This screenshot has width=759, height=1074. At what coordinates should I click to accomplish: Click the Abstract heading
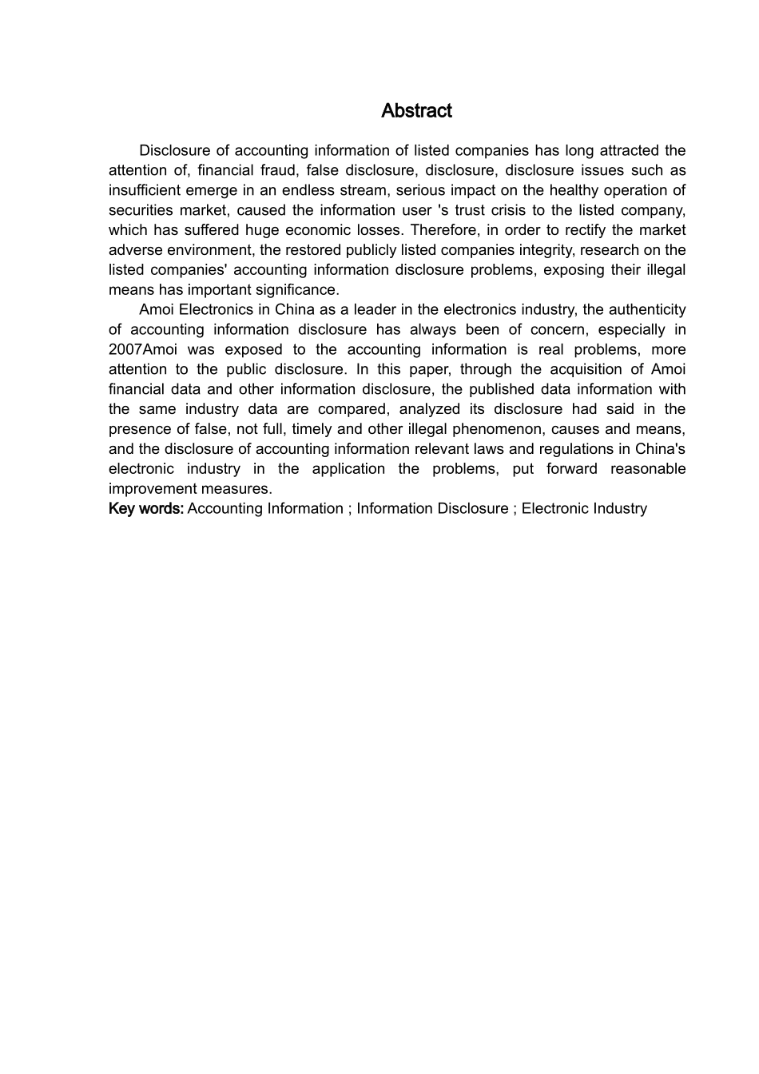(416, 111)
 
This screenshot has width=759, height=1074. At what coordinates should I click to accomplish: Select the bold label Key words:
(146, 509)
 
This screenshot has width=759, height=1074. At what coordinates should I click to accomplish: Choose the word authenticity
(646, 310)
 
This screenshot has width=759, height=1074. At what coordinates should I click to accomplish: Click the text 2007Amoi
(141, 350)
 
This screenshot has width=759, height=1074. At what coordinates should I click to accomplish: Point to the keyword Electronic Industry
(584, 509)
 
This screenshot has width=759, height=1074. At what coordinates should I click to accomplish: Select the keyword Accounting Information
(264, 509)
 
